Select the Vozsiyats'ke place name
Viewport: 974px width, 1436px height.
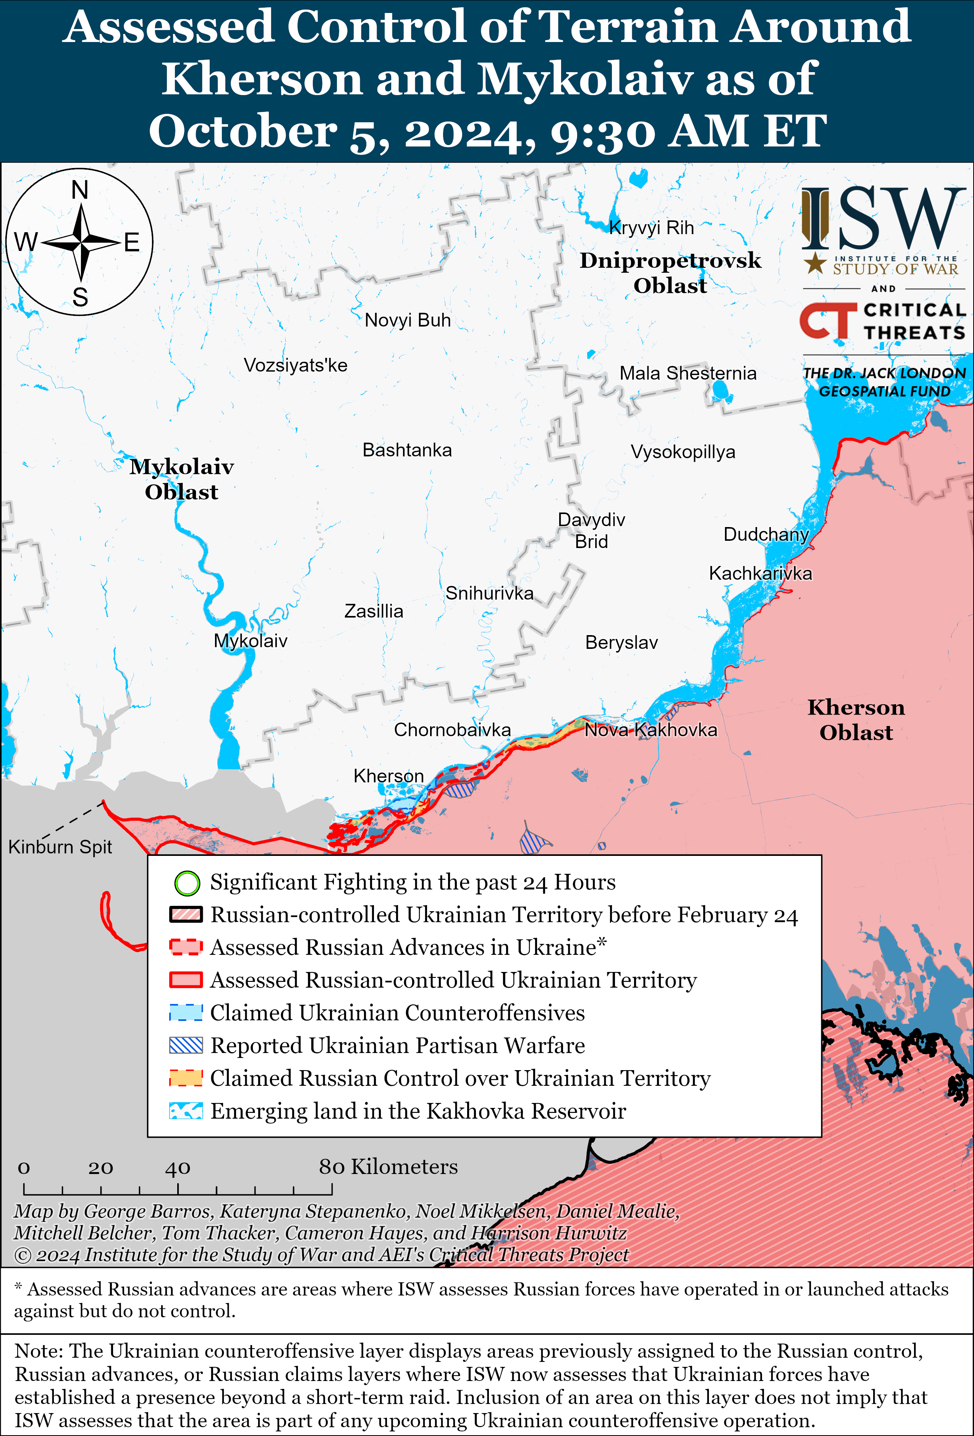pyautogui.click(x=295, y=365)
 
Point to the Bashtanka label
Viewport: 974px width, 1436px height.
pyautogui.click(x=407, y=450)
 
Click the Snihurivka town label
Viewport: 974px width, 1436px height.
pyautogui.click(x=489, y=593)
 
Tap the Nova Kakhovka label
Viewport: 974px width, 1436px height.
pyautogui.click(x=651, y=730)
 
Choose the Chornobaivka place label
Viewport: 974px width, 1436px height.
pyautogui.click(x=452, y=730)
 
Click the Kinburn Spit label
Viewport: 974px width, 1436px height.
pyautogui.click(x=60, y=847)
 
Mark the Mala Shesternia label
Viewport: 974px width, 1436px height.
pyautogui.click(x=688, y=373)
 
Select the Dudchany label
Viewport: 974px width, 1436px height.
pyautogui.click(x=766, y=534)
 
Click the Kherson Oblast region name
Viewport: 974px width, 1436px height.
pyautogui.click(x=856, y=720)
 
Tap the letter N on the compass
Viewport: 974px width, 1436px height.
pyautogui.click(x=80, y=190)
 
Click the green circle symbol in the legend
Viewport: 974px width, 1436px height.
pyautogui.click(x=187, y=883)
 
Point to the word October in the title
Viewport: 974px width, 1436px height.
pyautogui.click(x=243, y=132)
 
